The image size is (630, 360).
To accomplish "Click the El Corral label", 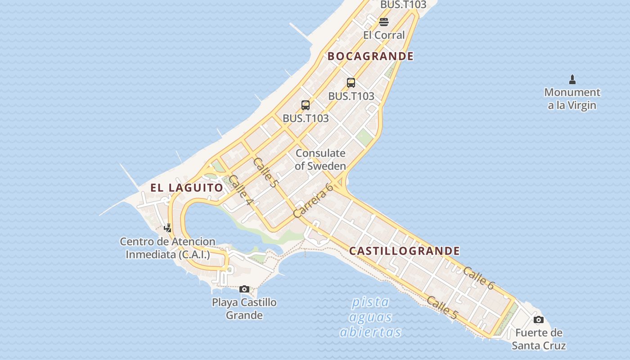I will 384,35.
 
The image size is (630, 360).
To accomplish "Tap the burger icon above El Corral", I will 384,22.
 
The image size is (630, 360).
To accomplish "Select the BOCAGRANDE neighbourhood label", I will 370,56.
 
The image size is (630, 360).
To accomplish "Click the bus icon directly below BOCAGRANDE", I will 351,83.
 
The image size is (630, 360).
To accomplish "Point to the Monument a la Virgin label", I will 572,99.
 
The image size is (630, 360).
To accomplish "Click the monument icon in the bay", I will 572,80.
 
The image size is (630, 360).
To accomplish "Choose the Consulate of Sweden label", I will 320,159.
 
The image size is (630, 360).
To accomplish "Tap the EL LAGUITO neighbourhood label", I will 187,188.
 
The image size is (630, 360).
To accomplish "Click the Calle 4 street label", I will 240,189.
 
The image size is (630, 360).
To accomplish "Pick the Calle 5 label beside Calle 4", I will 265,172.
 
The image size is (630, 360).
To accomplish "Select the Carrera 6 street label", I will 313,200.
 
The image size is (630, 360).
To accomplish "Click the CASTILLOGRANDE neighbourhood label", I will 405,251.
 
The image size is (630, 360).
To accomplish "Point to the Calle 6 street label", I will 478,278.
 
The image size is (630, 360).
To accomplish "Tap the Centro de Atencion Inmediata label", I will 167,248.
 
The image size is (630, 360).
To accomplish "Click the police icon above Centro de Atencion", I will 168,228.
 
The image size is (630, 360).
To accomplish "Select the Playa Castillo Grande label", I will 244,308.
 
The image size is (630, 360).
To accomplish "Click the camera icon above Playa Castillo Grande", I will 244,289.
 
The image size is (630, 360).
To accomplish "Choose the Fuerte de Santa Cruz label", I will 539,339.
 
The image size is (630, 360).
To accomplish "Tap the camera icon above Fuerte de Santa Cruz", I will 538,320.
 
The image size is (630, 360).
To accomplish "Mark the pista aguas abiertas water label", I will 370,317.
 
